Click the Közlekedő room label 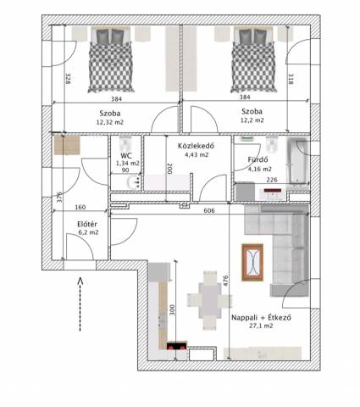coord(196,146)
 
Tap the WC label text coord(126,156)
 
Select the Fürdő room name coord(258,159)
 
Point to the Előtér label coord(87,225)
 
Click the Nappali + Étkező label coord(261,317)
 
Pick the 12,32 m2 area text coord(110,122)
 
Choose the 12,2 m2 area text coord(252,120)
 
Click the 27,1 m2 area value coord(261,326)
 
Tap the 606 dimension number coord(209,210)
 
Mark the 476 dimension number coord(225,281)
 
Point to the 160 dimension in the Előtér coord(80,207)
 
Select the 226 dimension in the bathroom coord(272,180)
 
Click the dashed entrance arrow coord(80,304)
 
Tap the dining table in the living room coord(209,300)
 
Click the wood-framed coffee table coord(252,262)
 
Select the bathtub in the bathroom coord(297,162)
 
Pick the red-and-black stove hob coord(177,345)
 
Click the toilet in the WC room coord(125,144)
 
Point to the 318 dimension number coord(291,79)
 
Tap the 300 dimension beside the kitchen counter coord(172,309)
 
